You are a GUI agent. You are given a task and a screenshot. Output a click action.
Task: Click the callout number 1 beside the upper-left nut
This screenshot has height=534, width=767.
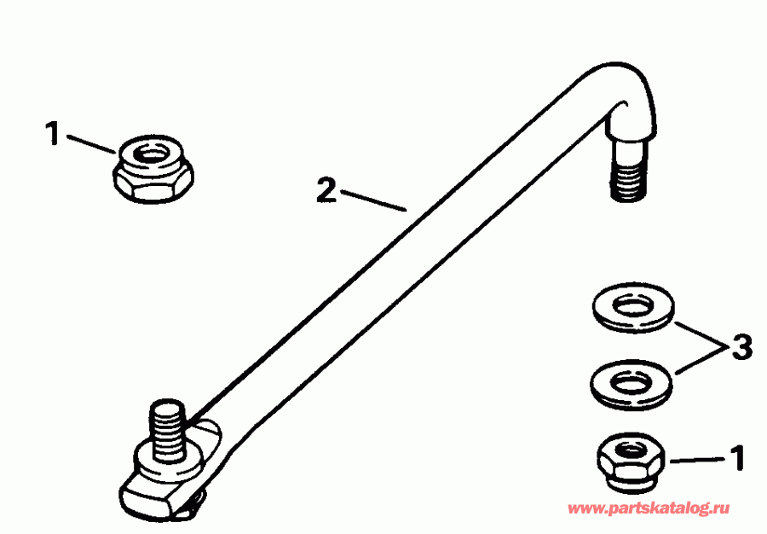tap(53, 135)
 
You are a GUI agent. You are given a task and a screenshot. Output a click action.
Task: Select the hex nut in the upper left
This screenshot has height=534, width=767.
tap(153, 170)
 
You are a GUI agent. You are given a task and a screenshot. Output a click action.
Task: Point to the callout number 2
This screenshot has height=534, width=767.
tap(325, 190)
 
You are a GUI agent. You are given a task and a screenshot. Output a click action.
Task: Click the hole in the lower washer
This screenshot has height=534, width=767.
tap(630, 380)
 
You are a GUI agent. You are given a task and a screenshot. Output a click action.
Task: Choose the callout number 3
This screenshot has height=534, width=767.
tap(741, 348)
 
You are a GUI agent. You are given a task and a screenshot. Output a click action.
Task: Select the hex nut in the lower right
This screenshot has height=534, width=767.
tap(630, 461)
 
